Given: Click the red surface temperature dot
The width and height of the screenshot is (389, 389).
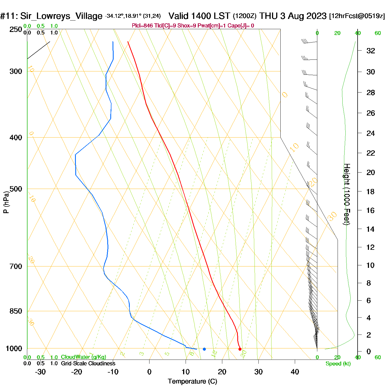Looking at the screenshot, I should [240, 349].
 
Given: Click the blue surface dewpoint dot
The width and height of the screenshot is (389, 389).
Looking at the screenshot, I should [204, 349].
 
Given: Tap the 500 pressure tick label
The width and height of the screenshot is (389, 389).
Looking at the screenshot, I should [16, 189].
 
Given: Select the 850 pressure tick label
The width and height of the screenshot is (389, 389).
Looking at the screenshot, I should [16, 311].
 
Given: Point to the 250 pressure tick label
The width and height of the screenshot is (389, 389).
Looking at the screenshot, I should [16, 29].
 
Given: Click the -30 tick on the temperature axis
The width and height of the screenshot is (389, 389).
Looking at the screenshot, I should [40, 372].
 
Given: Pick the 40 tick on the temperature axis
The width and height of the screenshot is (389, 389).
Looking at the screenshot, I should [295, 372].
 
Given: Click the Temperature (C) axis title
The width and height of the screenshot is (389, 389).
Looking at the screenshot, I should [192, 381].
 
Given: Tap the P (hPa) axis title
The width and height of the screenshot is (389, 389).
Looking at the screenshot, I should [6, 202].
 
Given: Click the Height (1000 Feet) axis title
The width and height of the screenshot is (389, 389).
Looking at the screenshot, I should [347, 194].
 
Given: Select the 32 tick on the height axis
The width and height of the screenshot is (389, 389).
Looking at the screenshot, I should [371, 51].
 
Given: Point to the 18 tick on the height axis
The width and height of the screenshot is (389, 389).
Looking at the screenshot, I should [371, 191].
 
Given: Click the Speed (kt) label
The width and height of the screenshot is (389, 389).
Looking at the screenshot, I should [338, 363].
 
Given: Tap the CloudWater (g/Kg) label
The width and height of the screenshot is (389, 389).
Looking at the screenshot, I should [83, 357].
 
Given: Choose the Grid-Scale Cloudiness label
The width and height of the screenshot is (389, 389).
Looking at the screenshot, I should [88, 363].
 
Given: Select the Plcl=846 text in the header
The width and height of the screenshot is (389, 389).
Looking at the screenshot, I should [142, 26].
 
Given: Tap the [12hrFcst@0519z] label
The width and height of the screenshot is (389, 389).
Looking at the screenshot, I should [357, 16].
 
